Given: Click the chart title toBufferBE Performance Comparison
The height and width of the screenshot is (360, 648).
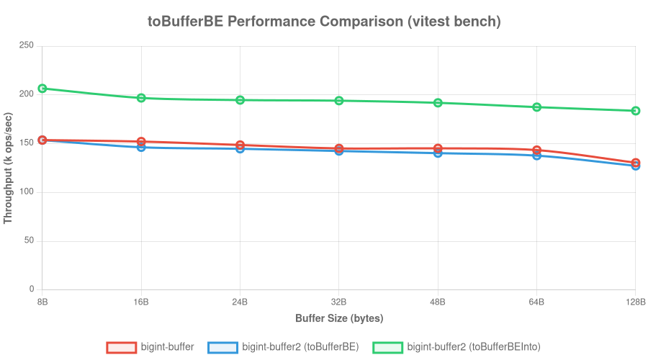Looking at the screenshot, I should pyautogui.click(x=324, y=22).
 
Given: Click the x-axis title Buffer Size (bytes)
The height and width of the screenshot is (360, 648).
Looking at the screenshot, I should pyautogui.click(x=338, y=318).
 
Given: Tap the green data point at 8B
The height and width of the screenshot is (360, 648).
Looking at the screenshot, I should pyautogui.click(x=42, y=89).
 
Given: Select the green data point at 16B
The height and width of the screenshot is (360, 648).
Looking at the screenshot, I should pyautogui.click(x=141, y=98).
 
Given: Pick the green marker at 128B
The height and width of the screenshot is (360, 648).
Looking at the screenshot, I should pyautogui.click(x=636, y=111).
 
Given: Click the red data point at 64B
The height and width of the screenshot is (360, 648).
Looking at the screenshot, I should pyautogui.click(x=536, y=150).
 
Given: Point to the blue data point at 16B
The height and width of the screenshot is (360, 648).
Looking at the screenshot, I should pyautogui.click(x=141, y=147).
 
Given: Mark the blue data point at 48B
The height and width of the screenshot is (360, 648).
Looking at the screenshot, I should pyautogui.click(x=438, y=153).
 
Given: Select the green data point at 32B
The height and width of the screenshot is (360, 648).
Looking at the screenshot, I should pyautogui.click(x=339, y=101).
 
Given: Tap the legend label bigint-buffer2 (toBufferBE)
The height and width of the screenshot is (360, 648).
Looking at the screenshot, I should pyautogui.click(x=300, y=347).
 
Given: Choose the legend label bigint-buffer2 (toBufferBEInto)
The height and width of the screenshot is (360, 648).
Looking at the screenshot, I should pyautogui.click(x=474, y=347).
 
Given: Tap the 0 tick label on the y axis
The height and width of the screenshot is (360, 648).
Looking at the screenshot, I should pyautogui.click(x=31, y=289).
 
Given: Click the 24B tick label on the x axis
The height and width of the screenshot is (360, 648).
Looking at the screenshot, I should pyautogui.click(x=240, y=302).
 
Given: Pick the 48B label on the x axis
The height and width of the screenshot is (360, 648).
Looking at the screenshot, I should pyautogui.click(x=438, y=302).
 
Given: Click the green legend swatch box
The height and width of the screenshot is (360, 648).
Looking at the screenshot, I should pyautogui.click(x=387, y=347).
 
